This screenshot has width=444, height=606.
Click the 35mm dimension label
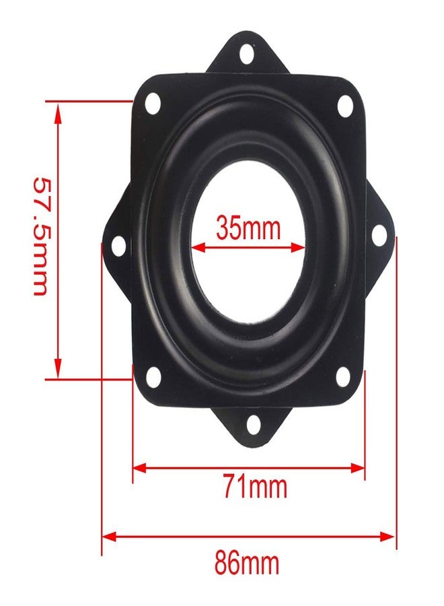pyautogui.click(x=248, y=228)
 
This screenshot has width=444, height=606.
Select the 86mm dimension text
pyautogui.click(x=247, y=563)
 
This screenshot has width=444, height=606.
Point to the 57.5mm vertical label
pyautogui.click(x=41, y=236)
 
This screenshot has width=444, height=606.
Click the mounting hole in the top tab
pyautogui.click(x=246, y=55)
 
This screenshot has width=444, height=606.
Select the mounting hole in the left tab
pyautogui.click(x=118, y=246)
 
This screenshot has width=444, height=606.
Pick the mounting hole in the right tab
pyautogui.click(x=378, y=235)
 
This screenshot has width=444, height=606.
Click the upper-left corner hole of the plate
pyautogui.click(x=153, y=104)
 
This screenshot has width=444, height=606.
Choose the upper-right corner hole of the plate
pyautogui.click(x=345, y=106)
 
